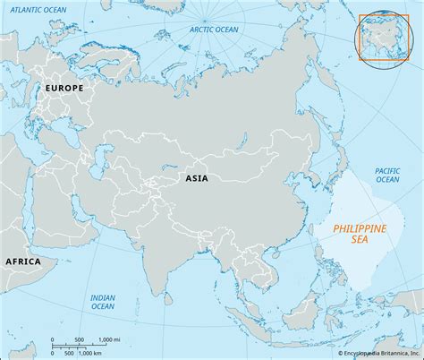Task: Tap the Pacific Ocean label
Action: [x=386, y=175]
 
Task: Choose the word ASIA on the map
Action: [x=196, y=178]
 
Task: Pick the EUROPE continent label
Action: [x=64, y=89]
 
